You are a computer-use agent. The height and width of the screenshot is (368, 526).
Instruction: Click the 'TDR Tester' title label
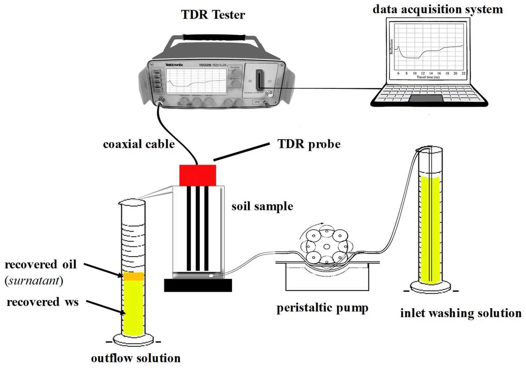click(x=213, y=15)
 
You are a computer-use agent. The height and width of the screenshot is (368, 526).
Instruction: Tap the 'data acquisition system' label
click(x=438, y=9)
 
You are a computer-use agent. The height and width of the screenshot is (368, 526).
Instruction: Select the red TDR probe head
click(x=197, y=175)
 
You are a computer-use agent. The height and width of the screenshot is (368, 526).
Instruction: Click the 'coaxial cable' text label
click(x=139, y=144)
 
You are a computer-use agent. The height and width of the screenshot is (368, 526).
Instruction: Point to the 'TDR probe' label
click(x=309, y=144)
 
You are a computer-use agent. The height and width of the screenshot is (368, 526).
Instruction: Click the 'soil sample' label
click(x=262, y=206)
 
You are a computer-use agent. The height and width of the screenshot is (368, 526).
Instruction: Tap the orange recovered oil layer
click(x=134, y=276)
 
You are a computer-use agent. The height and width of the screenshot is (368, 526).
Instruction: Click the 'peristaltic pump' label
click(x=322, y=308)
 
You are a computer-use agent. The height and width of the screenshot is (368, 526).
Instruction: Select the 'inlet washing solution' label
click(x=461, y=313)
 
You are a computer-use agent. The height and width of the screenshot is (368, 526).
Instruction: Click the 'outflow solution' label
click(x=136, y=358)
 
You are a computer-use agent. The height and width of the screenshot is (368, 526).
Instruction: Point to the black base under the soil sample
click(x=198, y=285)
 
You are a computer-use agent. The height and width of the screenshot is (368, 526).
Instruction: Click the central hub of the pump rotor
click(x=327, y=247)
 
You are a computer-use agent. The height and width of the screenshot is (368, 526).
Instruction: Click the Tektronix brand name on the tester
click(x=174, y=65)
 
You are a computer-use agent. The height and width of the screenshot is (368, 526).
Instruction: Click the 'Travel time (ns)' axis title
click(x=428, y=77)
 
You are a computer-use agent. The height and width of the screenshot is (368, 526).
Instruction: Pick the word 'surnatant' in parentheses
click(x=34, y=281)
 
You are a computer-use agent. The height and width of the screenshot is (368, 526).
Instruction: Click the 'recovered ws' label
click(x=42, y=302)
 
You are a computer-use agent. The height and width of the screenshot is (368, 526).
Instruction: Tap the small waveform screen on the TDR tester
click(x=196, y=80)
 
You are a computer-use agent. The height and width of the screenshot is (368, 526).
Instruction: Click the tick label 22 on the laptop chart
click(x=463, y=73)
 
